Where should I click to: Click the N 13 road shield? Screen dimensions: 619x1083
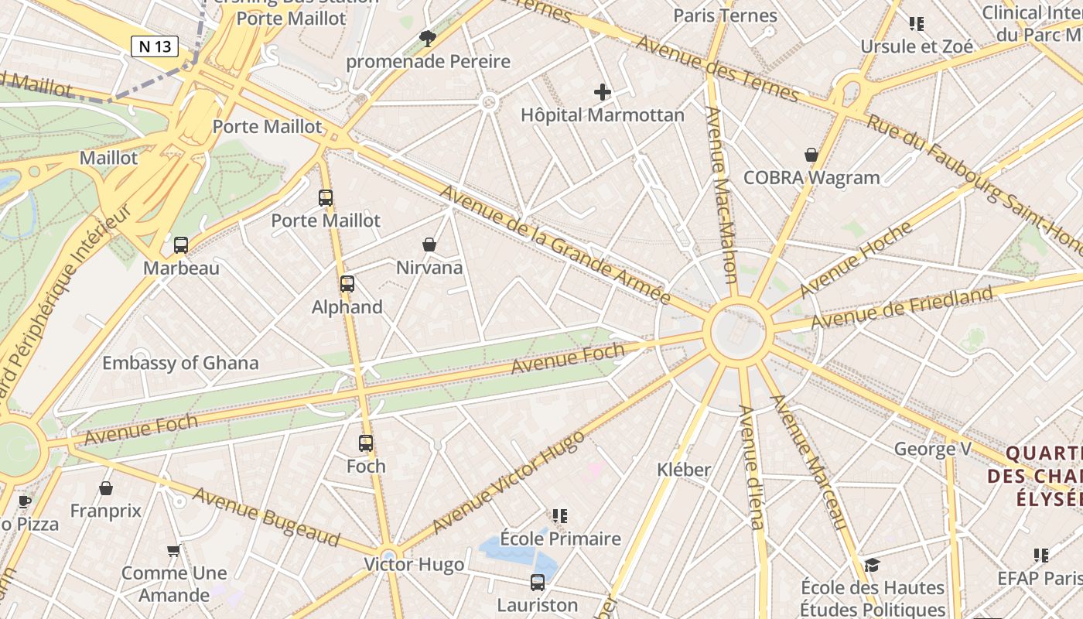(x=155, y=46)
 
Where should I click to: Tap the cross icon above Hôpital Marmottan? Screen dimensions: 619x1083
(x=603, y=93)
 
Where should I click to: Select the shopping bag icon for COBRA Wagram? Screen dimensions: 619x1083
(x=811, y=155)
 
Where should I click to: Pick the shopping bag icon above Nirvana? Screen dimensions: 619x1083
(x=429, y=245)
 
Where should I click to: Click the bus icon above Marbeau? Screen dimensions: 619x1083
(x=181, y=245)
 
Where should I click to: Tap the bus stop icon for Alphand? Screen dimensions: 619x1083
(x=347, y=284)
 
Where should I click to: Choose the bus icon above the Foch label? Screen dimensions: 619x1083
(x=366, y=443)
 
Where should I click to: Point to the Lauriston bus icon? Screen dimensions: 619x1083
(x=538, y=583)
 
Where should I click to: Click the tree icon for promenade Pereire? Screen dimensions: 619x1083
(x=427, y=38)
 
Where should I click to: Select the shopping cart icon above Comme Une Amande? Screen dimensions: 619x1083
(x=174, y=550)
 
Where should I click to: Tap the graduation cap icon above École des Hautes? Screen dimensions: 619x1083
(x=873, y=565)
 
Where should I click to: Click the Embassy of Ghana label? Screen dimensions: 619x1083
(x=180, y=363)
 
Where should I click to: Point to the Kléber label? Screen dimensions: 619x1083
(x=684, y=470)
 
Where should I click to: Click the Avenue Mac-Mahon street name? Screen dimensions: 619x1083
(x=720, y=193)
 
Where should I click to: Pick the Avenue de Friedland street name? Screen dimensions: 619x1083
(x=901, y=307)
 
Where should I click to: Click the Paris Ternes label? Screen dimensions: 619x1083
(x=725, y=15)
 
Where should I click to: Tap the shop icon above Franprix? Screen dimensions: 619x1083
(x=106, y=488)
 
